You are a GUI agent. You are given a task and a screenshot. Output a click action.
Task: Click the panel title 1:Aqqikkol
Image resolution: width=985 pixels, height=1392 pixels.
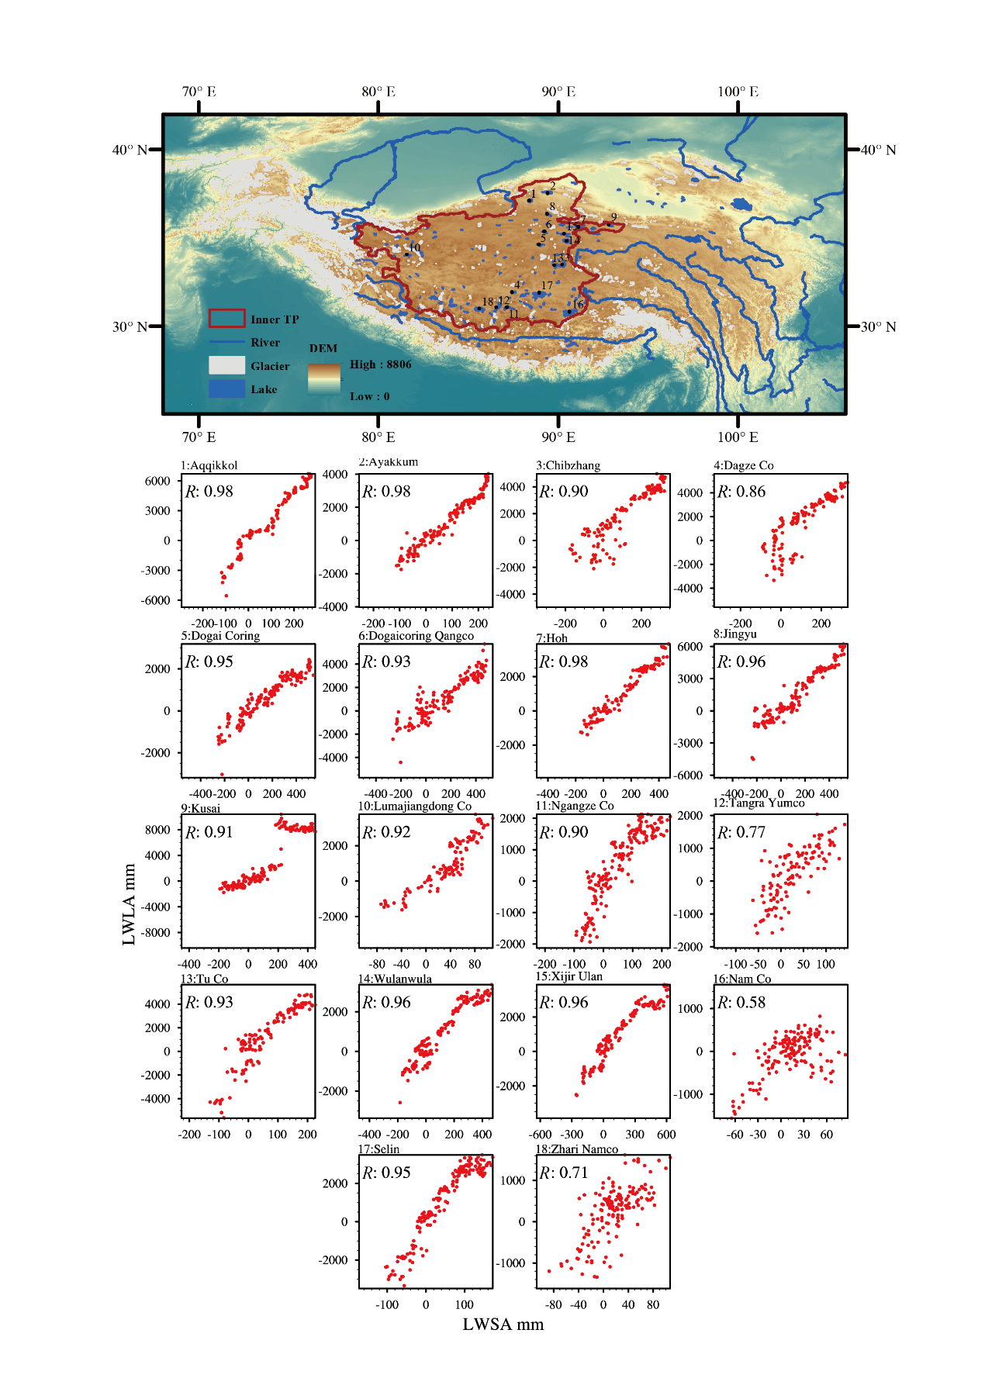pos(209,465)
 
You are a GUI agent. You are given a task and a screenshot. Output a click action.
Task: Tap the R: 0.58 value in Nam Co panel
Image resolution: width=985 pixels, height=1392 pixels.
pos(741,1002)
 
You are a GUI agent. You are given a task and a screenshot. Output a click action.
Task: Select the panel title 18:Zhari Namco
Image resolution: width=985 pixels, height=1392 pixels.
pos(576,1148)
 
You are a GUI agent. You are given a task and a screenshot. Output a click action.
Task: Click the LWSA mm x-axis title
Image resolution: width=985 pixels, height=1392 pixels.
pos(503,1324)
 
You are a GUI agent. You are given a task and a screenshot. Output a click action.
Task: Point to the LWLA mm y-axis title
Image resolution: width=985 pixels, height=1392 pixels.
pos(129,903)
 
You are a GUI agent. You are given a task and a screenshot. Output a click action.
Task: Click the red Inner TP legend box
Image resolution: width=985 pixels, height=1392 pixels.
pos(226,318)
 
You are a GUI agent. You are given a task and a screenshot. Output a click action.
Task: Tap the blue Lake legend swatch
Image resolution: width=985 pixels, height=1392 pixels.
pos(226,389)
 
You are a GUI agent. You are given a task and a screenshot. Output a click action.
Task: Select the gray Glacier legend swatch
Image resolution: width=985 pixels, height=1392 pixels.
pos(226,365)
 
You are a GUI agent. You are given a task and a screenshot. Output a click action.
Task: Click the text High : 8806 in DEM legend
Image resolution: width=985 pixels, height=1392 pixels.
pos(380,364)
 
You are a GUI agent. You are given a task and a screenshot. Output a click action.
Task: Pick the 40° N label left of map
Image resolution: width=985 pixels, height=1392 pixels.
pos(130,150)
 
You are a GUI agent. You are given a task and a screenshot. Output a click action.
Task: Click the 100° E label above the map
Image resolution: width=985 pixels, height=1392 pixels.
pos(738,92)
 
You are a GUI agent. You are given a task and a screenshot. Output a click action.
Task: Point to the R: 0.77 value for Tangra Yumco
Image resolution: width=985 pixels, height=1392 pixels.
pos(741,832)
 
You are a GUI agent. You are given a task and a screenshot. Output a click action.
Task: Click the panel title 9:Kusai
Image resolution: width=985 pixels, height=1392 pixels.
pos(201,808)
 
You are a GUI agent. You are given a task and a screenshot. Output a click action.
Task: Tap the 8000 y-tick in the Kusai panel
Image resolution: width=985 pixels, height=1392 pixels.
pos(157,830)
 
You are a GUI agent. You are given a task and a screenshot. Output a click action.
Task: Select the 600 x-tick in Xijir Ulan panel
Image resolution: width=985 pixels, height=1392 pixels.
pos(666,1134)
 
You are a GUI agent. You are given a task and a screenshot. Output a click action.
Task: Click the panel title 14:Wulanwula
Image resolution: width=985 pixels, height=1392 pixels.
pos(395,979)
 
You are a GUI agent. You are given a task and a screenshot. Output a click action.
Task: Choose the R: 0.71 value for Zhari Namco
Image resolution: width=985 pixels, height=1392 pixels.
pos(564,1173)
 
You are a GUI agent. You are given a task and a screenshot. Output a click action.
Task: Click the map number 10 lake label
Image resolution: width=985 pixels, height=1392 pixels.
pos(414,247)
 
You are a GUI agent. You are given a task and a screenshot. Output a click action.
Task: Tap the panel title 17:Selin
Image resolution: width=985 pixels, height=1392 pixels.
pos(378,1148)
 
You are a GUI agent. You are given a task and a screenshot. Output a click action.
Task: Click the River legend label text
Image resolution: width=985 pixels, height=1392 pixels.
pos(265,342)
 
